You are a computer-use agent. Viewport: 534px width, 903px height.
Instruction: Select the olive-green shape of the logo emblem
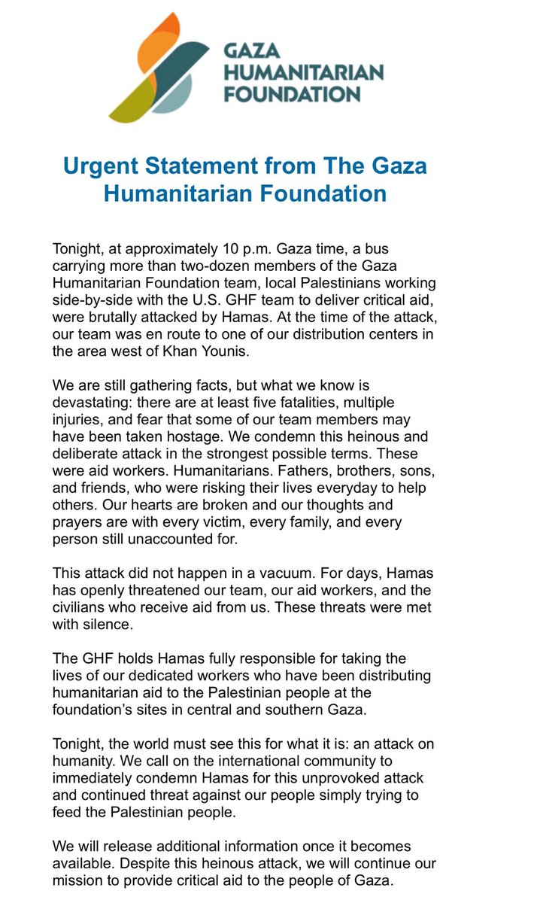pos(135,102)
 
